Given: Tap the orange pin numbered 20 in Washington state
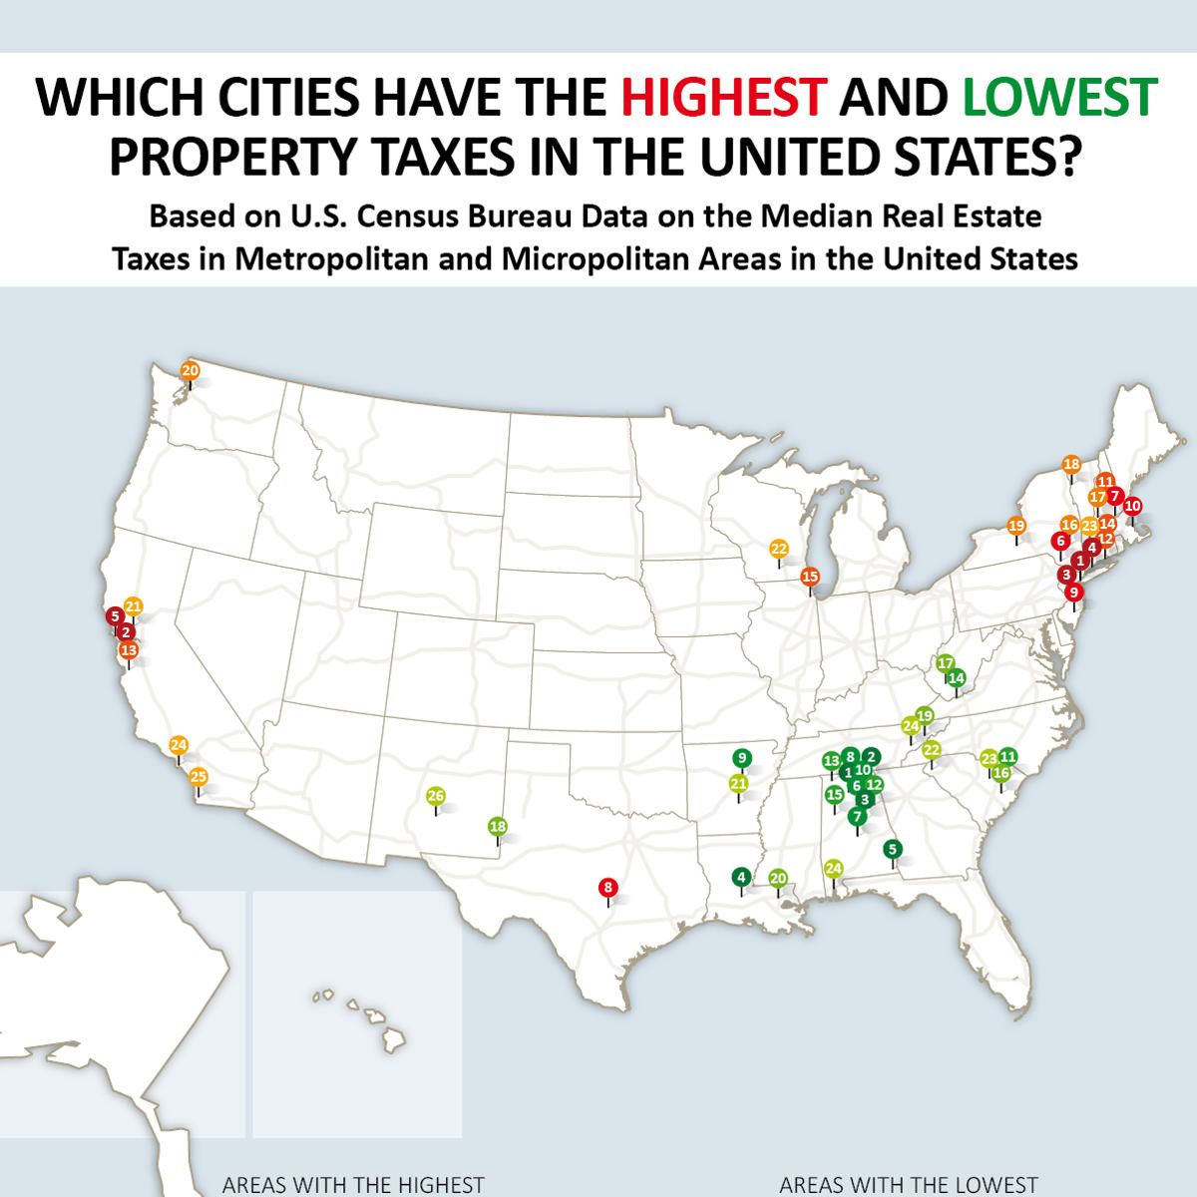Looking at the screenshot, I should [190, 370].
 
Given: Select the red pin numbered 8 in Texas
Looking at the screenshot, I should [607, 886].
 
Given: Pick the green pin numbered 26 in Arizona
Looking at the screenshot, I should [436, 796].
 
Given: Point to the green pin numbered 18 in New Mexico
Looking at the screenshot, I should [498, 826].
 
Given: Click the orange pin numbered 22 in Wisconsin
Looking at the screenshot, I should [779, 549].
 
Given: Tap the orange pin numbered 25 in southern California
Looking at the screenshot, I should [199, 777].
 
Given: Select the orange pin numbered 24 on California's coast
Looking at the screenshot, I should [179, 745].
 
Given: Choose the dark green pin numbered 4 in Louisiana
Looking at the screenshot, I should [740, 877].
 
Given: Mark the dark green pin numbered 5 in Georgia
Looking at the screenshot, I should [892, 849].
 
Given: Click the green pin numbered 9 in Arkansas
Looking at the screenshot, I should [741, 757].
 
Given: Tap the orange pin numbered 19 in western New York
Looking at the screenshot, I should [1016, 526].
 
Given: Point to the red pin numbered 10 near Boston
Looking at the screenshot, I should [1132, 507].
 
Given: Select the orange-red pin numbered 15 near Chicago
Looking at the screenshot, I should [810, 577].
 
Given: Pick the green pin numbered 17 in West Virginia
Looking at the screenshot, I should [946, 663].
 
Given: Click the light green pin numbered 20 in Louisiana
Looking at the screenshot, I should [779, 878].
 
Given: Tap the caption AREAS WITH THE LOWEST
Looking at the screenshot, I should [908, 1185].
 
